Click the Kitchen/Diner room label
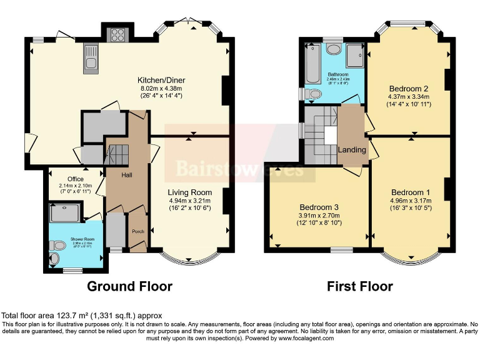162,80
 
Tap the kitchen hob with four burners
117,35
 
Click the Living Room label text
189,192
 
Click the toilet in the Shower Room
56,257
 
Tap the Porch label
137,231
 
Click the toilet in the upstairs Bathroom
314,94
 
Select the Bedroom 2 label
408,87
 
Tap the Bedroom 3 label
319,207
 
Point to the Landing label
352,151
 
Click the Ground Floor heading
129,286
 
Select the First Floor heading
360,286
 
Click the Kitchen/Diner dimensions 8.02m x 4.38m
162,89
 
